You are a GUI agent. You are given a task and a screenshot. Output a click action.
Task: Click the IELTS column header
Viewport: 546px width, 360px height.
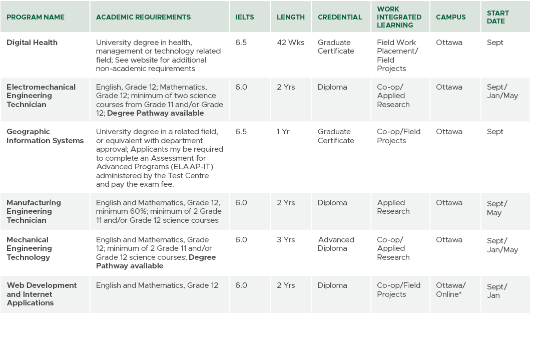pyautogui.click(x=245, y=17)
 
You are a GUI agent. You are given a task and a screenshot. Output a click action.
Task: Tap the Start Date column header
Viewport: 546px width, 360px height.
pyautogui.click(x=497, y=17)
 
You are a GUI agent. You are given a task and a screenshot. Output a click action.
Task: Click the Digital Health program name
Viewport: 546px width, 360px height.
pyautogui.click(x=32, y=43)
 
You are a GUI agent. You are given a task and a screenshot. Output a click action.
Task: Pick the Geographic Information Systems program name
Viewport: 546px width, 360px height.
pyautogui.click(x=45, y=136)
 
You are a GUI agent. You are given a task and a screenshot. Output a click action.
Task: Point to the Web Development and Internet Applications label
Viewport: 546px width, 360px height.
pyautogui.click(x=42, y=294)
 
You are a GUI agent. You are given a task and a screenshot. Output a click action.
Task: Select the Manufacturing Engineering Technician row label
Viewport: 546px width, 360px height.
pyautogui.click(x=34, y=211)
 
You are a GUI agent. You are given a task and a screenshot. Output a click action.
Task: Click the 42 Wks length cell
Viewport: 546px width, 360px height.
pyautogui.click(x=290, y=43)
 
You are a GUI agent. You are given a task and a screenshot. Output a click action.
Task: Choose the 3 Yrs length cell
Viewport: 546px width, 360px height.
pyautogui.click(x=286, y=240)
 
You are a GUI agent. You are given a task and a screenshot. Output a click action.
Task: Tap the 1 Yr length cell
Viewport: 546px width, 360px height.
pyautogui.click(x=284, y=132)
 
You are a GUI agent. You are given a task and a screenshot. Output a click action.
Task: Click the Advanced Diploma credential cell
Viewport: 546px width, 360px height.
pyautogui.click(x=336, y=244)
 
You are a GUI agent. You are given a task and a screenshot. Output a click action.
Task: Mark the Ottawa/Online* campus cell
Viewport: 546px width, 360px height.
pyautogui.click(x=450, y=290)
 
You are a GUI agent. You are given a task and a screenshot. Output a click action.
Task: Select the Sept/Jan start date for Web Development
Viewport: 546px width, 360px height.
pyautogui.click(x=496, y=291)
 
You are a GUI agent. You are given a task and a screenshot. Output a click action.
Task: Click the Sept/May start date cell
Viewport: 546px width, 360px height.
pyautogui.click(x=496, y=208)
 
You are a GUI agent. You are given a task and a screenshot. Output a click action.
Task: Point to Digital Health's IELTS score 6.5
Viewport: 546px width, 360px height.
pyautogui.click(x=241, y=43)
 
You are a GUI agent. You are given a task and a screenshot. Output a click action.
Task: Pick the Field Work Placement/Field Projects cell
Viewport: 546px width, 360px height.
pyautogui.click(x=397, y=56)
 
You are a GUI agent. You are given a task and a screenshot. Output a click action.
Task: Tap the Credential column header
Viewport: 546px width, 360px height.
pyautogui.click(x=340, y=17)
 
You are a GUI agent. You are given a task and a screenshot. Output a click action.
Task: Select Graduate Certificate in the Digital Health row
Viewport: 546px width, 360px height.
pyautogui.click(x=336, y=47)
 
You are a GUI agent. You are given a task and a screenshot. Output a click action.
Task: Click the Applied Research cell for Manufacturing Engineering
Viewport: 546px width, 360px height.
pyautogui.click(x=393, y=207)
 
